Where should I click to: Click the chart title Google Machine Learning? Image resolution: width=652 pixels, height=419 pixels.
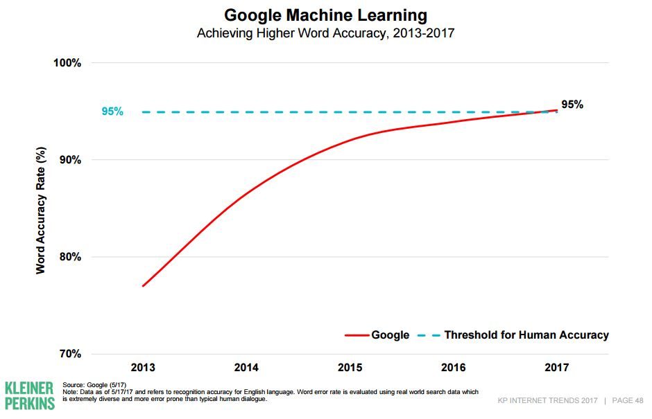point(325,15)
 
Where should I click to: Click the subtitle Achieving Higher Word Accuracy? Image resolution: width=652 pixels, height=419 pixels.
point(325,33)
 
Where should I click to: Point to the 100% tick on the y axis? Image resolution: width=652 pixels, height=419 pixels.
point(67,63)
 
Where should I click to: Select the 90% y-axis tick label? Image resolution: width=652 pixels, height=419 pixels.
point(70,160)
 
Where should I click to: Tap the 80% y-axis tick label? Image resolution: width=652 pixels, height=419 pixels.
point(70,257)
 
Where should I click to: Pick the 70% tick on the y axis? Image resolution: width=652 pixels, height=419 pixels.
point(70,354)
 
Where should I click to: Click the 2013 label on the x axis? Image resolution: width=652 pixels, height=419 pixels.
point(143,367)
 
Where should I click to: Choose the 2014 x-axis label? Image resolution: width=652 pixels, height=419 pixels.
point(246,367)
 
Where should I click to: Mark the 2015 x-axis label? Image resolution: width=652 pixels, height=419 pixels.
point(350,367)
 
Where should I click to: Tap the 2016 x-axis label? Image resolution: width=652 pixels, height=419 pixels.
point(453,367)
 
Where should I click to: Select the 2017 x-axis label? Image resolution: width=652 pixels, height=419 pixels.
point(557,367)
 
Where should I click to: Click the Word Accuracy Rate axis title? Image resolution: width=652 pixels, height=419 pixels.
point(41,209)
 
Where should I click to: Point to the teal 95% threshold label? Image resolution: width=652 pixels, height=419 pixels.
point(112,112)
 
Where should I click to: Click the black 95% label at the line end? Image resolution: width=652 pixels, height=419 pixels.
point(572,105)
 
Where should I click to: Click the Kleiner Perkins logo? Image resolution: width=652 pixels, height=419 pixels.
point(29,395)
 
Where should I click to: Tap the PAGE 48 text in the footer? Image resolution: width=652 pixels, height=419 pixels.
point(627,401)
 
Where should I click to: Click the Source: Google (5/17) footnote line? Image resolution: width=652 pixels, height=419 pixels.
point(94,384)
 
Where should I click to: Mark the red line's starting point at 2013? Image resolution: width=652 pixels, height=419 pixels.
point(143,286)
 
